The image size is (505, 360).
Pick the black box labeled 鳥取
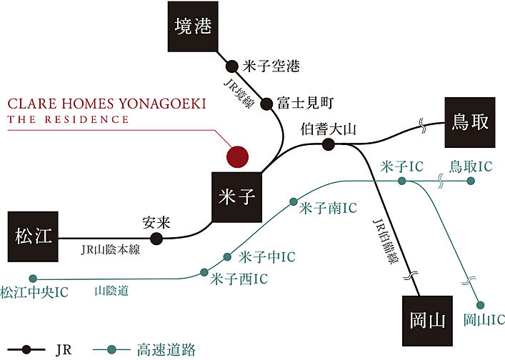click(x=469, y=121)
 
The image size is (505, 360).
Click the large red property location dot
click(x=236, y=155)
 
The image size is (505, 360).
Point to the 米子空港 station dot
click(x=231, y=66)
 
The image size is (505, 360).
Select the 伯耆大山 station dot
click(x=328, y=144)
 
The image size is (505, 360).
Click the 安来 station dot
click(x=156, y=239)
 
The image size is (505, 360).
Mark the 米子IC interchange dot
click(x=402, y=181)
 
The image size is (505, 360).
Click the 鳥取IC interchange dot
click(x=471, y=181)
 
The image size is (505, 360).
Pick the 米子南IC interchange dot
click(x=293, y=202)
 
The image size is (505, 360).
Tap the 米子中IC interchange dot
click(x=228, y=256)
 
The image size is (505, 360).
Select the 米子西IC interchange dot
click(x=205, y=272)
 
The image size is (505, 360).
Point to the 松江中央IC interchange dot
click(x=32, y=279)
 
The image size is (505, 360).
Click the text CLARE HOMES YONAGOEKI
click(x=107, y=104)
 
